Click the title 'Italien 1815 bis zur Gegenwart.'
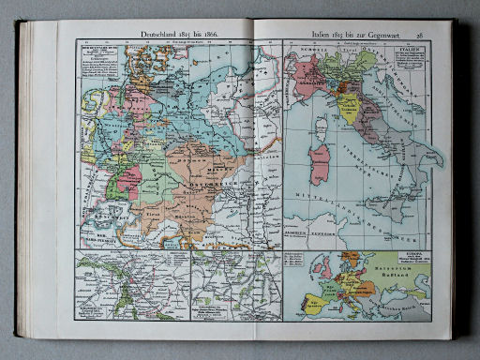pos(352,34)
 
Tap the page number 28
pos(420,34)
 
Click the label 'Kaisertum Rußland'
pos(406,277)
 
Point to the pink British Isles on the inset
pos(314,272)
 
